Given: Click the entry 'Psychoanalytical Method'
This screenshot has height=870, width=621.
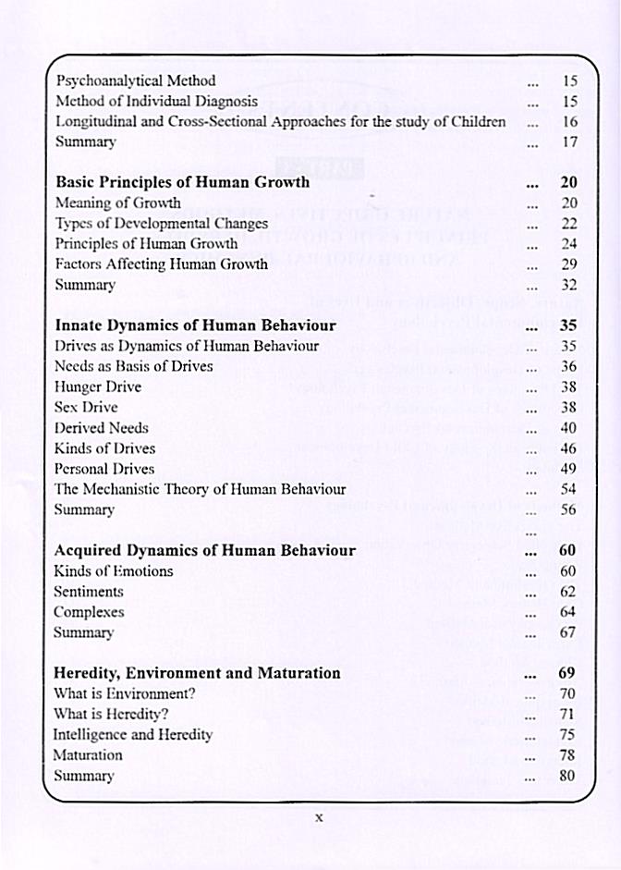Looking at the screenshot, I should (x=135, y=80).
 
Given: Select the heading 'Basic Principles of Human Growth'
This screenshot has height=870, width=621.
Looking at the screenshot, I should (x=182, y=182).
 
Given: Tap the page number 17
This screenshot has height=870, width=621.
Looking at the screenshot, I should (x=569, y=142).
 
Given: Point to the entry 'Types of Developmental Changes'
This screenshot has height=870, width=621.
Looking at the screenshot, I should (x=161, y=223).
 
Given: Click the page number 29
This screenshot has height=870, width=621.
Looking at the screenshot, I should (x=569, y=264).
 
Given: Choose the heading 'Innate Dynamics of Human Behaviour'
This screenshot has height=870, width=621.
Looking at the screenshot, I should (x=195, y=325).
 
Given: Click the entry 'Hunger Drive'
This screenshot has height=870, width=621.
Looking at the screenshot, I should (x=97, y=386).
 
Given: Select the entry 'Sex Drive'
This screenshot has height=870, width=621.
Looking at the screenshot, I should (x=86, y=407).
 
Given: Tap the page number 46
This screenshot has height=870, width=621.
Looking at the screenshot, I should (x=569, y=448).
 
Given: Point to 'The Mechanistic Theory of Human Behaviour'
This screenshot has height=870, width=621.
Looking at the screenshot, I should (x=200, y=489).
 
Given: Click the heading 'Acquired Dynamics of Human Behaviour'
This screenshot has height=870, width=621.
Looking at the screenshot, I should (x=204, y=550).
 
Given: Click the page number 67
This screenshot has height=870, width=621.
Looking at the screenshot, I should (x=568, y=632).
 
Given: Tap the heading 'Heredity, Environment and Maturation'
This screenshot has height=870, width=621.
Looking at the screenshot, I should (x=197, y=672).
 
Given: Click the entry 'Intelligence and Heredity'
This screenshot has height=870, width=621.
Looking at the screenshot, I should (x=132, y=734).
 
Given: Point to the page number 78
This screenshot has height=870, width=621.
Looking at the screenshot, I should (x=568, y=754).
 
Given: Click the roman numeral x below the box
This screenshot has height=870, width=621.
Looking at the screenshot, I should (x=318, y=817).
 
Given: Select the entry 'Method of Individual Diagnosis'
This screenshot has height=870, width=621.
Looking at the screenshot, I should (x=156, y=101).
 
